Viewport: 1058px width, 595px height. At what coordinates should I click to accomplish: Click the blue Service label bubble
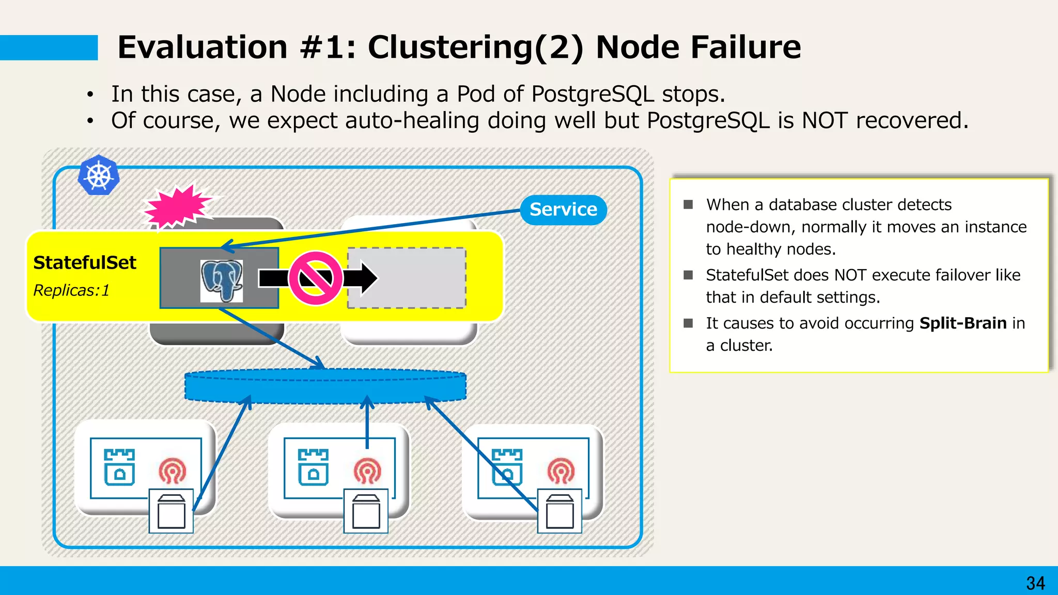coord(563,210)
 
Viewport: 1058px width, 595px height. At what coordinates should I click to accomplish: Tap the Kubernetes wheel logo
coord(98,176)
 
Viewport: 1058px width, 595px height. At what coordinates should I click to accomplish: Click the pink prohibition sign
coord(315,278)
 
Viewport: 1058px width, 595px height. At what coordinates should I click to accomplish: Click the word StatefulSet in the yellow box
coord(85,263)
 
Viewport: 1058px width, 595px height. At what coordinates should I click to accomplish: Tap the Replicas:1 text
coord(71,291)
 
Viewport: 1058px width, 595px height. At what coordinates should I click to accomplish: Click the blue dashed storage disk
coord(325,386)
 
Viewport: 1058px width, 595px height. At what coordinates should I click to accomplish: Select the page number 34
coord(1035,583)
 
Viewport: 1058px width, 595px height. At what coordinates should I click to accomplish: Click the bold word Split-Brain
coord(963,323)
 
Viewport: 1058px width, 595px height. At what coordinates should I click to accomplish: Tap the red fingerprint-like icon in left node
coord(173,471)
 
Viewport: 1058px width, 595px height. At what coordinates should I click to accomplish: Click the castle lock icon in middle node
coord(313,467)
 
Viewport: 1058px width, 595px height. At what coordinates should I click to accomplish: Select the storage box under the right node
coord(559,511)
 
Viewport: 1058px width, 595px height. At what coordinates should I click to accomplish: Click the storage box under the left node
coord(171,511)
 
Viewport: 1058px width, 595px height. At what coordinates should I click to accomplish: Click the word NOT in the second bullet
coord(824,121)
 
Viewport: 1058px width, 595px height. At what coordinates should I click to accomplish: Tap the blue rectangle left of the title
coord(49,48)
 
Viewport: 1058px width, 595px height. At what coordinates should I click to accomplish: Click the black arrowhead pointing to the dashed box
coord(368,278)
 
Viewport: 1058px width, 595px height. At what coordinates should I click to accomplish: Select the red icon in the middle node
coord(367,471)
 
